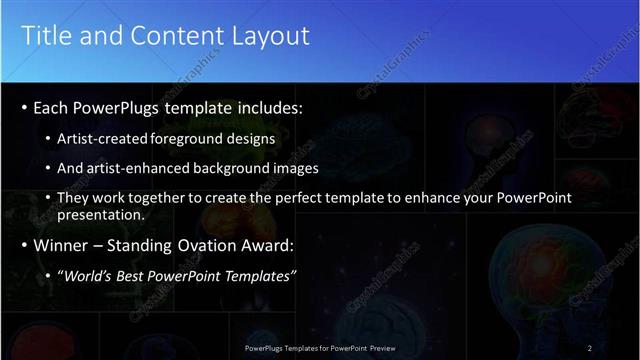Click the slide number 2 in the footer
click(x=590, y=347)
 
